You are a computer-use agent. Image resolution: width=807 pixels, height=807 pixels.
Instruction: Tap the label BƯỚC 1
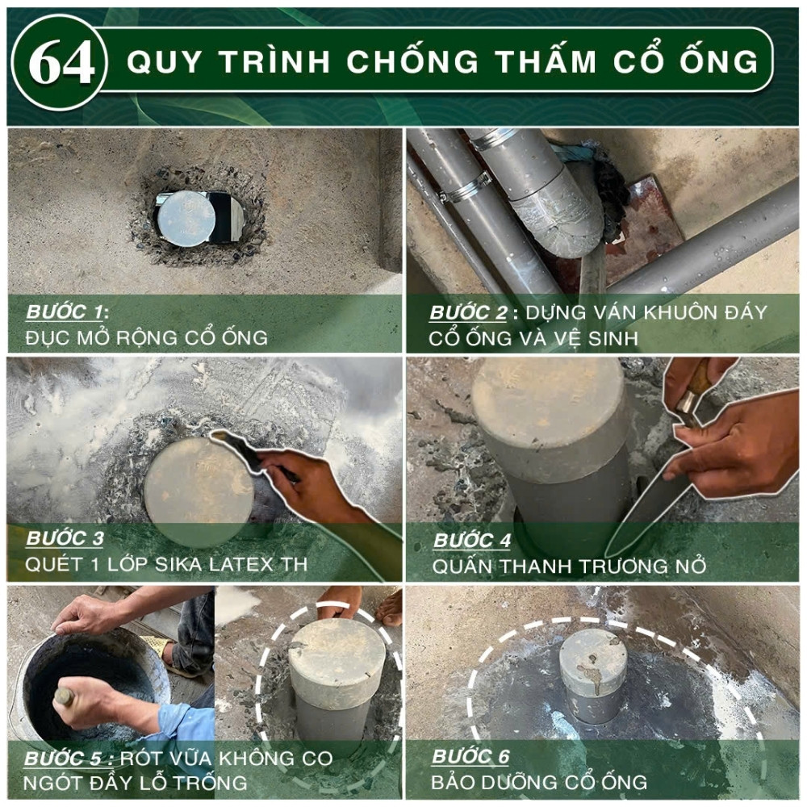pyautogui.click(x=64, y=312)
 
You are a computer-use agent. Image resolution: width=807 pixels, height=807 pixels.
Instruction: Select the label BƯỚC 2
pyautogui.click(x=468, y=312)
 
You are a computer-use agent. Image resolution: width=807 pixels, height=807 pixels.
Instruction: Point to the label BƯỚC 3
pyautogui.click(x=65, y=538)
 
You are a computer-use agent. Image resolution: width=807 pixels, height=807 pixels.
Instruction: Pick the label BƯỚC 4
pyautogui.click(x=472, y=541)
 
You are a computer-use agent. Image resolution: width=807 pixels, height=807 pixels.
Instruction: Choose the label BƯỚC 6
pyautogui.click(x=470, y=757)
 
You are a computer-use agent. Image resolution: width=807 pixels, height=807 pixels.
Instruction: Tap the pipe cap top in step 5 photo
pyautogui.click(x=337, y=653)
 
